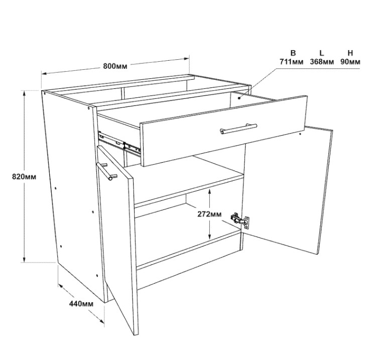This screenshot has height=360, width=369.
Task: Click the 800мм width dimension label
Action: pos(115,66)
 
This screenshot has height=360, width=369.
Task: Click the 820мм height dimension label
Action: pos(24,176)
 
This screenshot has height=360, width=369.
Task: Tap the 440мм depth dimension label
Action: pos(81,304)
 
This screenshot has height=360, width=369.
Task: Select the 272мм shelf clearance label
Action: pos(209,214)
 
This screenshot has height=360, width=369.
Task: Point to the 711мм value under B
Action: pos(291,62)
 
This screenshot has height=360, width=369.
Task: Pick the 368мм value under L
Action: pos(322,62)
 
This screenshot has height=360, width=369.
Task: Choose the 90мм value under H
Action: pos(350,62)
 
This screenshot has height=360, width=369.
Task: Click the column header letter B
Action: pos(293,53)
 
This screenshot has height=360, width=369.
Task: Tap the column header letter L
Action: pos(322,53)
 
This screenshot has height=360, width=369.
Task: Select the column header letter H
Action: pos(350,53)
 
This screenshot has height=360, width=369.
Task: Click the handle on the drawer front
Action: pos(238,129)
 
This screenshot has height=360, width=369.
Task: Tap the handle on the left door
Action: pos(106,171)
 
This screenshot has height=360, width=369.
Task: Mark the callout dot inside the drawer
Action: pos(239,98)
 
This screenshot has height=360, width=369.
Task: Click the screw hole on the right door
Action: pos(300,134)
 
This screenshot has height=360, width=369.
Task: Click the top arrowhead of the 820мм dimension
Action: pos(24,94)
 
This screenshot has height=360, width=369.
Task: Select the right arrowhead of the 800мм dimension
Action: pos(186,58)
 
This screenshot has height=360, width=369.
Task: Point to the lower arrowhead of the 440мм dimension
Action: pos(101,321)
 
